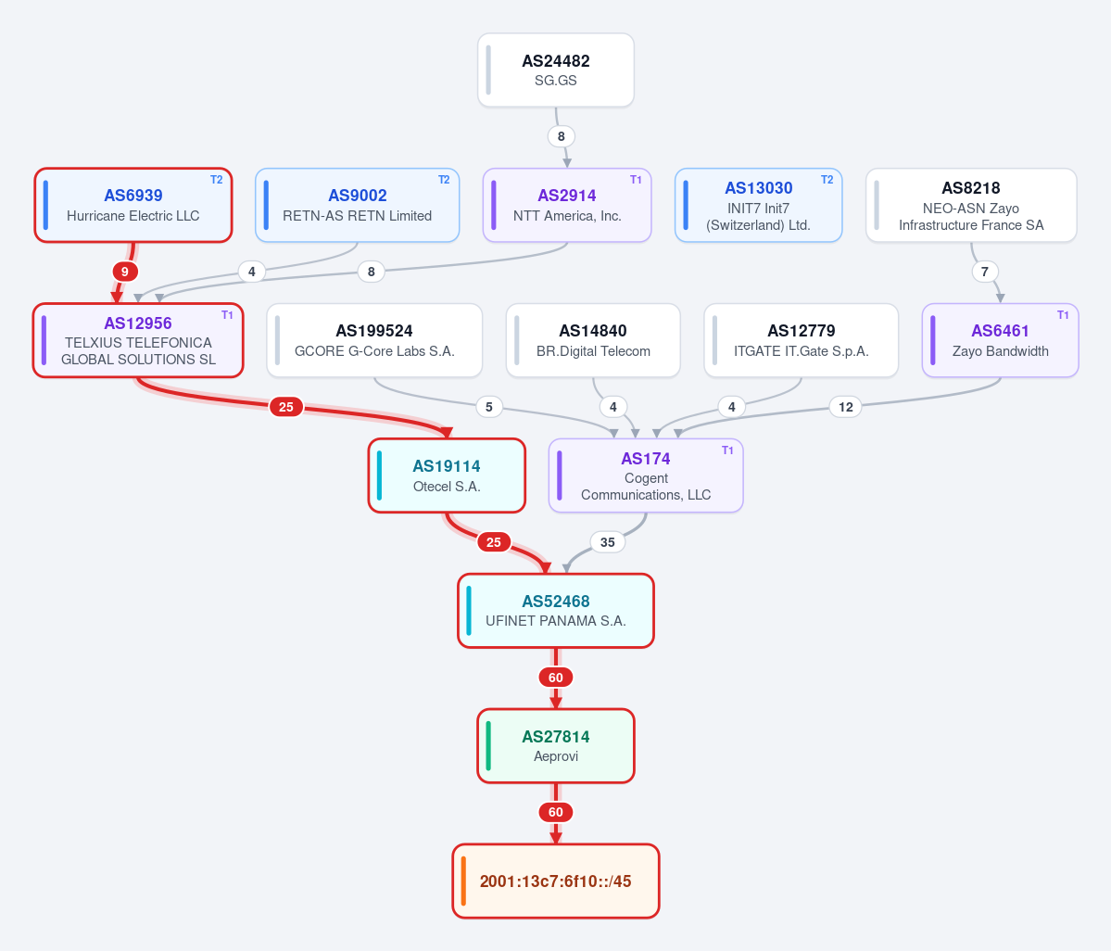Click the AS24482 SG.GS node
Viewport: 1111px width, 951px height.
click(x=556, y=70)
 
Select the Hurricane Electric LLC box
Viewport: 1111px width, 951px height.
click(x=133, y=206)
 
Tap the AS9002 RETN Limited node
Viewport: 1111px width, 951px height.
click(x=357, y=206)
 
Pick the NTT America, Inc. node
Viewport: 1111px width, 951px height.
click(x=567, y=206)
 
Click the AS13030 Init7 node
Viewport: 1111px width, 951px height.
click(x=758, y=206)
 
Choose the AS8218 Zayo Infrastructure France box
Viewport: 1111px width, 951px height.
click(x=971, y=206)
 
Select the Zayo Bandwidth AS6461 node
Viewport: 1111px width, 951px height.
click(x=1001, y=341)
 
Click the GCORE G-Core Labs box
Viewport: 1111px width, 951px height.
click(x=374, y=341)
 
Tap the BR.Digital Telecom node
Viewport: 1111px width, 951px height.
click(x=593, y=341)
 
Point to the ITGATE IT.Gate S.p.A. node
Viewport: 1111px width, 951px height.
click(x=802, y=341)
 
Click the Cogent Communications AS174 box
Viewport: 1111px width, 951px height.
click(x=646, y=475)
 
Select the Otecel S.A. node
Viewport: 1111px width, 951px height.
click(x=447, y=475)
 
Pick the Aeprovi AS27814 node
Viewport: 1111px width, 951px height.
click(x=556, y=746)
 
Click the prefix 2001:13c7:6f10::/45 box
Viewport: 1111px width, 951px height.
click(x=556, y=881)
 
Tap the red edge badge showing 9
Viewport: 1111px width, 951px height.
click(x=125, y=272)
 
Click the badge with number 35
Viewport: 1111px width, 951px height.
click(x=607, y=542)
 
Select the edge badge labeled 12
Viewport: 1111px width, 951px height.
click(x=845, y=407)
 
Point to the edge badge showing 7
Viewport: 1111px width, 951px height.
click(x=984, y=272)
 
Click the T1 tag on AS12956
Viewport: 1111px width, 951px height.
click(x=227, y=315)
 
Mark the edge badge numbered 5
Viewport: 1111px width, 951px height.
click(x=489, y=407)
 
